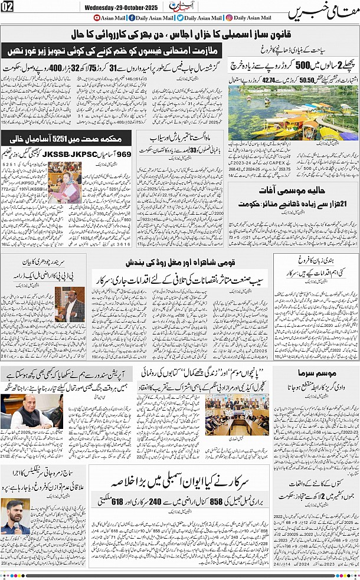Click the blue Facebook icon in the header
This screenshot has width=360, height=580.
(131, 18)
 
